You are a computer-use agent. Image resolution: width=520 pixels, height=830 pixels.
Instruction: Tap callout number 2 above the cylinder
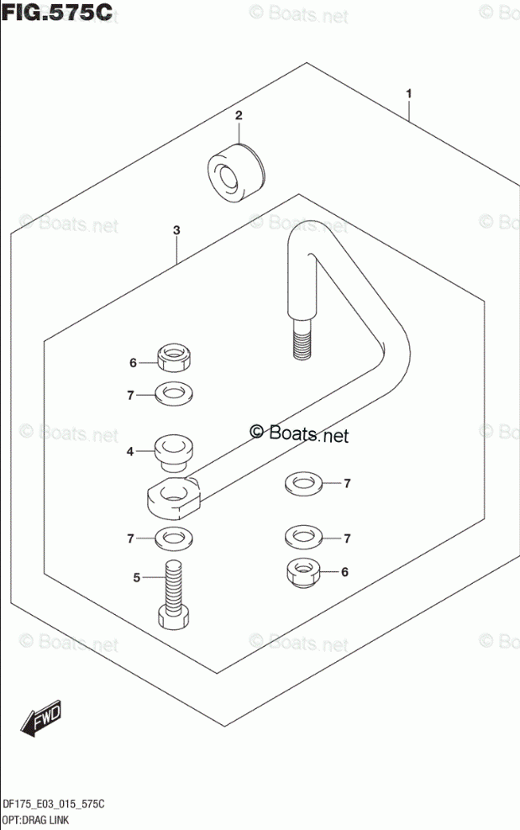coord(238,116)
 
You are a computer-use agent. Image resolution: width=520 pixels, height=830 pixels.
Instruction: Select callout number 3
coord(176,229)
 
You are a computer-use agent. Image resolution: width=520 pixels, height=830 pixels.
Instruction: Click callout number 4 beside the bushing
coord(131,452)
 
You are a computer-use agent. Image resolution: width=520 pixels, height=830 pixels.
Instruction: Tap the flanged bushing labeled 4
coord(174,452)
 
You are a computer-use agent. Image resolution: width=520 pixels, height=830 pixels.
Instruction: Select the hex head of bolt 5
coord(173,620)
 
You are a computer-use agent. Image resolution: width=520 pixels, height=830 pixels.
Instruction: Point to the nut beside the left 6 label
coord(173,356)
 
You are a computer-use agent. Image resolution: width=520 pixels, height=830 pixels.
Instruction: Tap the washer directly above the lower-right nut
coord(302,535)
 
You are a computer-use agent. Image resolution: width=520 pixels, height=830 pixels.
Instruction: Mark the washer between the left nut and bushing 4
coord(173,393)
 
